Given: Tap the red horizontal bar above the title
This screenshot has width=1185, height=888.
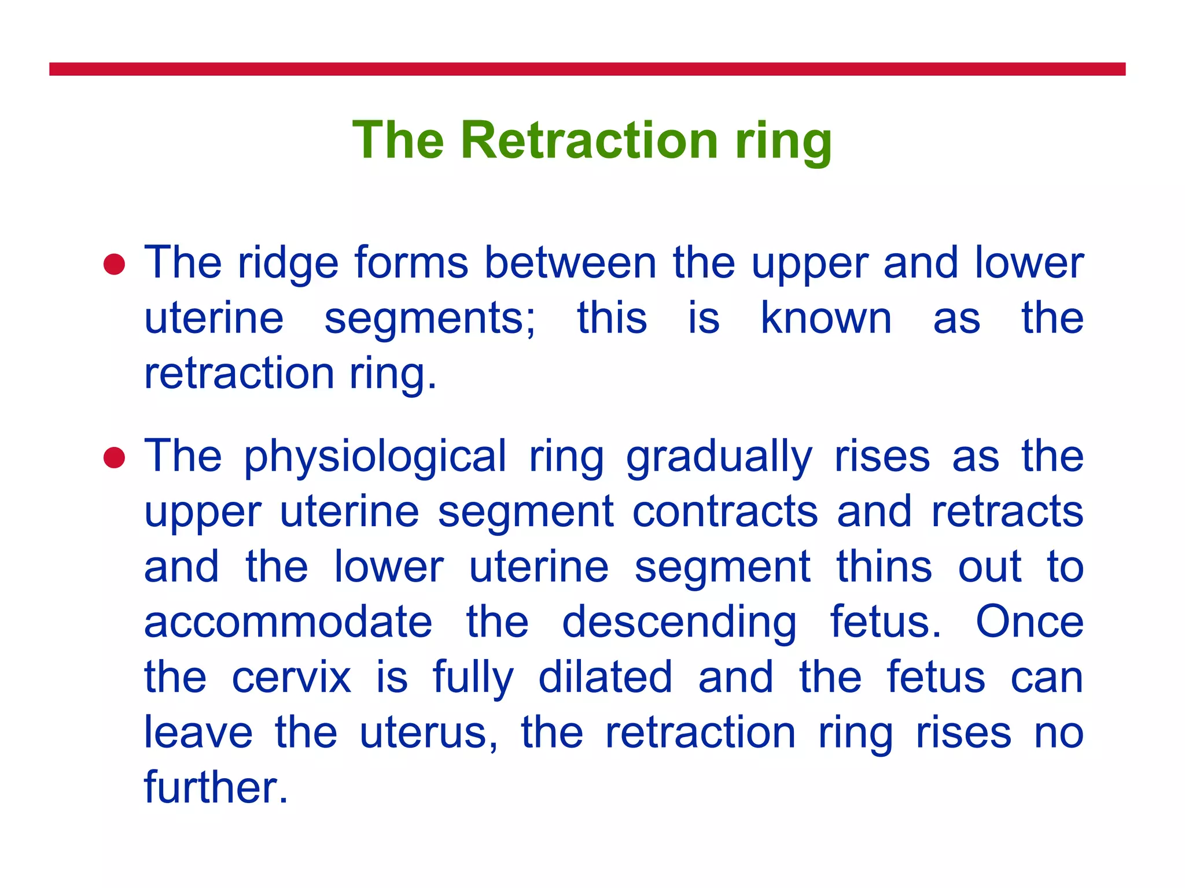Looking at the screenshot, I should [x=587, y=69].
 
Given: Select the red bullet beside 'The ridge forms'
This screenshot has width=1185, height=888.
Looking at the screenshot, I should [x=114, y=265].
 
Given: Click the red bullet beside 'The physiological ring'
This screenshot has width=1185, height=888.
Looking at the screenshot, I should [x=114, y=458].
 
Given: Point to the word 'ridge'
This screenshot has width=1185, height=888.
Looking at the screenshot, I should [x=288, y=264].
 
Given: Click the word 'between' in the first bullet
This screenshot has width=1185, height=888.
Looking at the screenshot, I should [x=570, y=264].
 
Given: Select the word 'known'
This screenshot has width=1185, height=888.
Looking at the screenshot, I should [x=826, y=319].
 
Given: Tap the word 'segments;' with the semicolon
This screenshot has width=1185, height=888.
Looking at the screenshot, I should [x=430, y=320].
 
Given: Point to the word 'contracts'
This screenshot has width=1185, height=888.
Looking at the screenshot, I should [x=725, y=512].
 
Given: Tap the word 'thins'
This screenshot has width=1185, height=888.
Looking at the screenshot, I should [x=884, y=567].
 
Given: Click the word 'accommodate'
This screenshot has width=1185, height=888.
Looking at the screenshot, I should [x=288, y=623].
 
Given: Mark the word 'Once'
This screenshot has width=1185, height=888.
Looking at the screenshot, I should [x=1029, y=622].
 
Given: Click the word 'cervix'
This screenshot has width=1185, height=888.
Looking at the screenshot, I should [x=291, y=678].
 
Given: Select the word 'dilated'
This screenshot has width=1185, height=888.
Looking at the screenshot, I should [x=605, y=678].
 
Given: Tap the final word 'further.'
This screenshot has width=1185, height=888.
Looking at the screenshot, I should [x=216, y=788].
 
